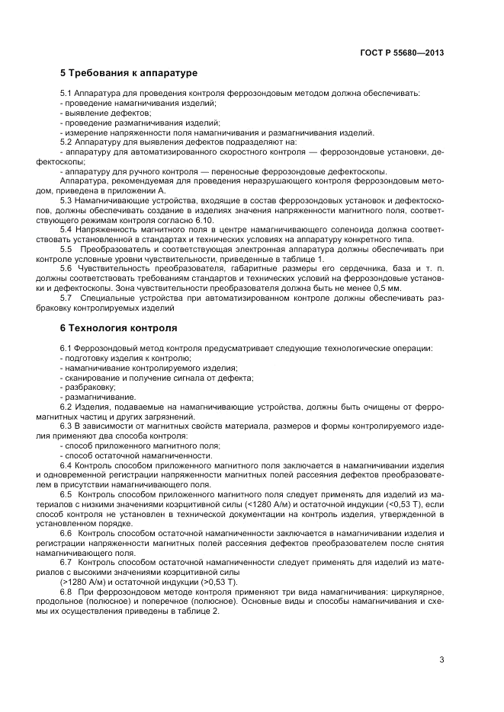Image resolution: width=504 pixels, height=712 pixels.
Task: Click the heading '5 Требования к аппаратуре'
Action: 129,73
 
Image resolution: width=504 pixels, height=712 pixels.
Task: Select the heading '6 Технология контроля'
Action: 118,328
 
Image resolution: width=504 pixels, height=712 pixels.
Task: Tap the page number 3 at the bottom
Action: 441,659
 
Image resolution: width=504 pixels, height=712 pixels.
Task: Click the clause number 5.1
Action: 66,93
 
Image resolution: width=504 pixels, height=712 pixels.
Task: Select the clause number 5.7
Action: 66,298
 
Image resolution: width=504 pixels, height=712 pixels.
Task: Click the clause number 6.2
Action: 66,407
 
